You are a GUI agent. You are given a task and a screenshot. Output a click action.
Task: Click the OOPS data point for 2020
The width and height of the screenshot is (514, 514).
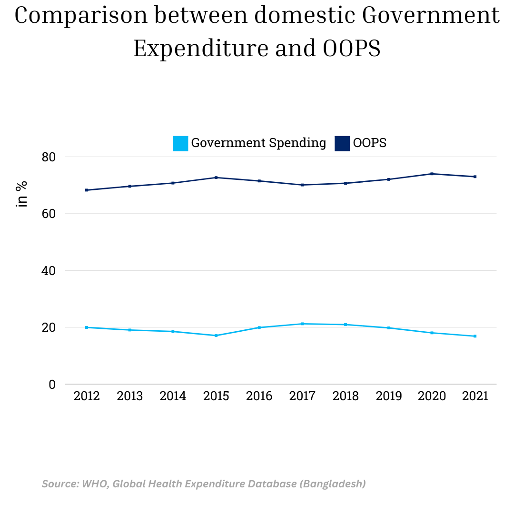pyautogui.click(x=432, y=174)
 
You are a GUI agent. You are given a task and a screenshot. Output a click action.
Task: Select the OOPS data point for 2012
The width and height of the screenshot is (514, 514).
pyautogui.click(x=87, y=190)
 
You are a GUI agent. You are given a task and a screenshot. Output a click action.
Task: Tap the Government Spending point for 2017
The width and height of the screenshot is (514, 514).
pyautogui.click(x=302, y=324)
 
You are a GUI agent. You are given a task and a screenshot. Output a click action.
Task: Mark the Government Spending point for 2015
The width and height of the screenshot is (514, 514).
pyautogui.click(x=216, y=336)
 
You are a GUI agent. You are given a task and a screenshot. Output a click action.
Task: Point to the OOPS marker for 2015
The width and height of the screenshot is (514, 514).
pyautogui.click(x=216, y=178)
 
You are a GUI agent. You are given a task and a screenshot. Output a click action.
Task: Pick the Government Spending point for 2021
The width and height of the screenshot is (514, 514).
pyautogui.click(x=475, y=336)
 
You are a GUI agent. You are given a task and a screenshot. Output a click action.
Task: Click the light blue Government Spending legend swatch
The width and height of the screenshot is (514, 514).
pyautogui.click(x=180, y=143)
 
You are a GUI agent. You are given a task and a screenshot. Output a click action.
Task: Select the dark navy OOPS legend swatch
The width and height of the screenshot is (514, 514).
pyautogui.click(x=342, y=143)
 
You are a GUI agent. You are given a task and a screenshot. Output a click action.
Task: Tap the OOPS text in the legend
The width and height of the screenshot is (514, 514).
pyautogui.click(x=370, y=143)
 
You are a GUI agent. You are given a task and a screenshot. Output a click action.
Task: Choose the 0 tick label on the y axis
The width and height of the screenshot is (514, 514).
pyautogui.click(x=52, y=385)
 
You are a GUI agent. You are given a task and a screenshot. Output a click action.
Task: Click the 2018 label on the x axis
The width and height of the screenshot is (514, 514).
pyautogui.click(x=346, y=396)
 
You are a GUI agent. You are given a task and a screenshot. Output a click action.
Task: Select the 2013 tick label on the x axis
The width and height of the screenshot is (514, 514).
pyautogui.click(x=130, y=396)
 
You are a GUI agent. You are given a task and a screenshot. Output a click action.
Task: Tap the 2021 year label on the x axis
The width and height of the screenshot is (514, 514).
pyautogui.click(x=475, y=396)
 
